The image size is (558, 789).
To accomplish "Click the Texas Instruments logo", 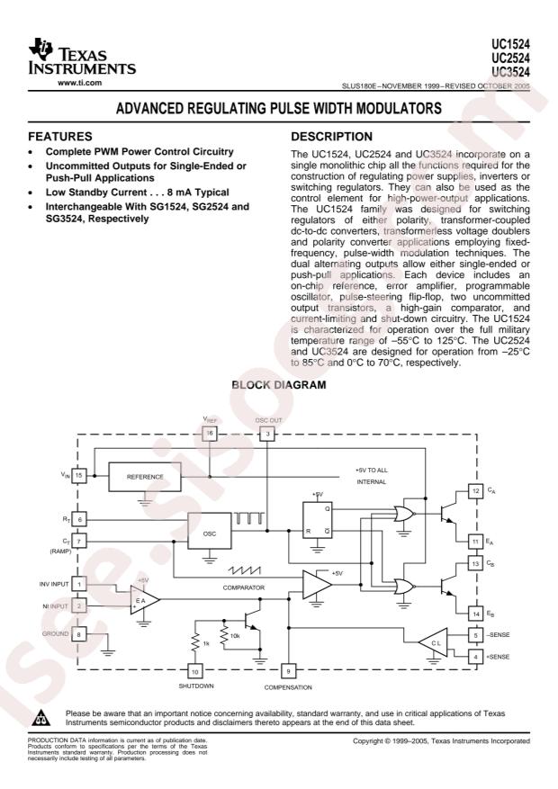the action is click(82, 57).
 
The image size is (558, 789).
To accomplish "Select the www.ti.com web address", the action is click(79, 83).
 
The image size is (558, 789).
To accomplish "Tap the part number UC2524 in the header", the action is click(510, 58).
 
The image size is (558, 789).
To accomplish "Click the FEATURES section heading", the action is click(60, 137).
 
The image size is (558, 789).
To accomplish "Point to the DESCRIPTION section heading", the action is click(331, 137).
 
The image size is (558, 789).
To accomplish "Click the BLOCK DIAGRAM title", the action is click(279, 385).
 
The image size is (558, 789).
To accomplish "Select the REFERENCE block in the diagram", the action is click(145, 477).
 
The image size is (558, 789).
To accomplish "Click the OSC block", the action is click(210, 531).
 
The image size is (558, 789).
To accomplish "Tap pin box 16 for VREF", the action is click(210, 434).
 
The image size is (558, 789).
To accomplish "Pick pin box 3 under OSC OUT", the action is click(267, 434).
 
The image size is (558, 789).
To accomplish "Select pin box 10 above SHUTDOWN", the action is click(194, 671).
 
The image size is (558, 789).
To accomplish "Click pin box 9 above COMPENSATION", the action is click(288, 671).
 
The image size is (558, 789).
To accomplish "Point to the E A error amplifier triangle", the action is click(143, 600).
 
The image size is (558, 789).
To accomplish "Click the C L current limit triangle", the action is click(434, 642).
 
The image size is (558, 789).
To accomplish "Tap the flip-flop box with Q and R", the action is click(318, 520).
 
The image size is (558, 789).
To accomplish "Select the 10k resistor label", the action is click(235, 637).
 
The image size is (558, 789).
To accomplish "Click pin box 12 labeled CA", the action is click(476, 490).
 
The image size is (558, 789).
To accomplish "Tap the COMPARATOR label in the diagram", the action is click(244, 587).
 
